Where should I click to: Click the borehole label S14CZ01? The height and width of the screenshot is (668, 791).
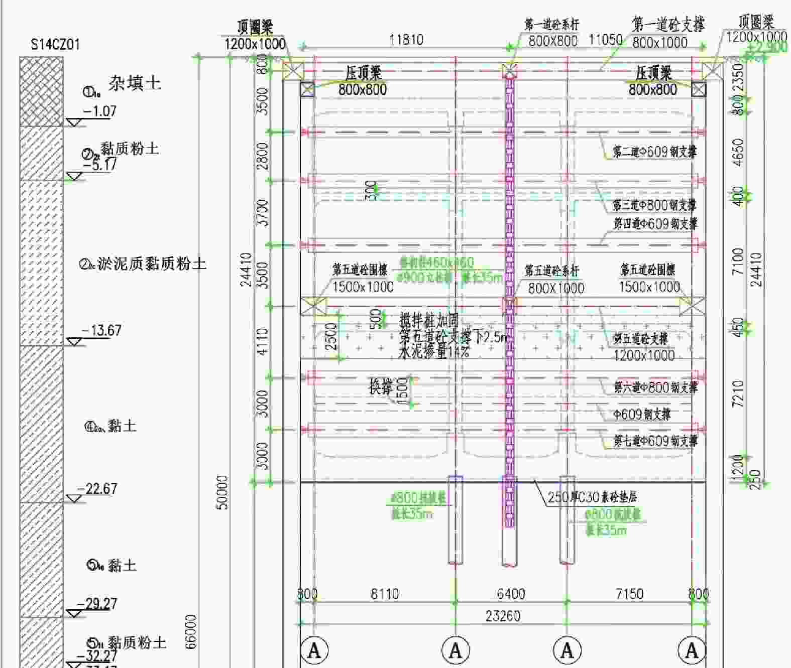pyautogui.click(x=55, y=45)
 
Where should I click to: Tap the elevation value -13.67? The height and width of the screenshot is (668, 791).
pyautogui.click(x=101, y=330)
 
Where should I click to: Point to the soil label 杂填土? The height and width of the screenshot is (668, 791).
pyautogui.click(x=135, y=83)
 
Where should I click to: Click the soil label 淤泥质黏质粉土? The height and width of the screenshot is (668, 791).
pyautogui.click(x=152, y=263)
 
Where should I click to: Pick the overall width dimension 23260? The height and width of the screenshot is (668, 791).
pyautogui.click(x=503, y=616)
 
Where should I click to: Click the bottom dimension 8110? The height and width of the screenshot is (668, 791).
pyautogui.click(x=385, y=594)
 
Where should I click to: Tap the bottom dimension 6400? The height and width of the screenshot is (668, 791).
pyautogui.click(x=511, y=594)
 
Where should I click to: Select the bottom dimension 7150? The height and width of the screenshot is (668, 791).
pyautogui.click(x=629, y=594)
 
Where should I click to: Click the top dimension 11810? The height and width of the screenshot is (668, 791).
pyautogui.click(x=406, y=40)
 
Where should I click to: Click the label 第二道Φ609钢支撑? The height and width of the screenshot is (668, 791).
pyautogui.click(x=654, y=151)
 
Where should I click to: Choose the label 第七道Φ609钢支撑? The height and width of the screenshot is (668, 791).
pyautogui.click(x=655, y=441)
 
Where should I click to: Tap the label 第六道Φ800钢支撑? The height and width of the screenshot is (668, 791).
pyautogui.click(x=655, y=387)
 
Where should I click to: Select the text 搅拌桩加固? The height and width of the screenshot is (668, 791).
pyautogui.click(x=429, y=320)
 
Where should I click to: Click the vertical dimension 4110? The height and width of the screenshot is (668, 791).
pyautogui.click(x=262, y=342)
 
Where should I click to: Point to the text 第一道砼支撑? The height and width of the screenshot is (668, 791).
pyautogui.click(x=668, y=25)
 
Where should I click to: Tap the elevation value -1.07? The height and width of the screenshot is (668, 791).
pyautogui.click(x=99, y=110)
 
